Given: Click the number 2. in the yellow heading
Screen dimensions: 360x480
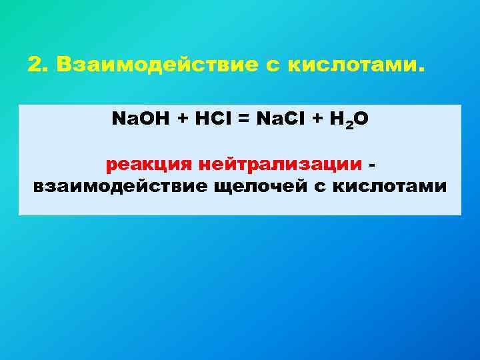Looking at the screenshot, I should (39, 66).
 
